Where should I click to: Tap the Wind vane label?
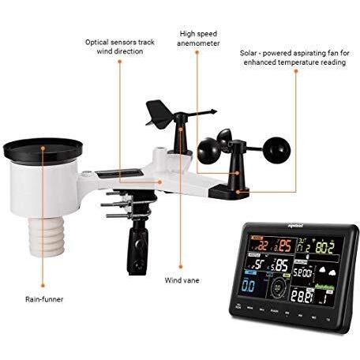point(182,279)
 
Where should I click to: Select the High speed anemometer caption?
point(200,39)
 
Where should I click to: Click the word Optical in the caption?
point(102,41)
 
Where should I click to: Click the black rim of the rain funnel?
point(43,149)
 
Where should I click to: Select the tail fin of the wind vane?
point(155,111)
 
